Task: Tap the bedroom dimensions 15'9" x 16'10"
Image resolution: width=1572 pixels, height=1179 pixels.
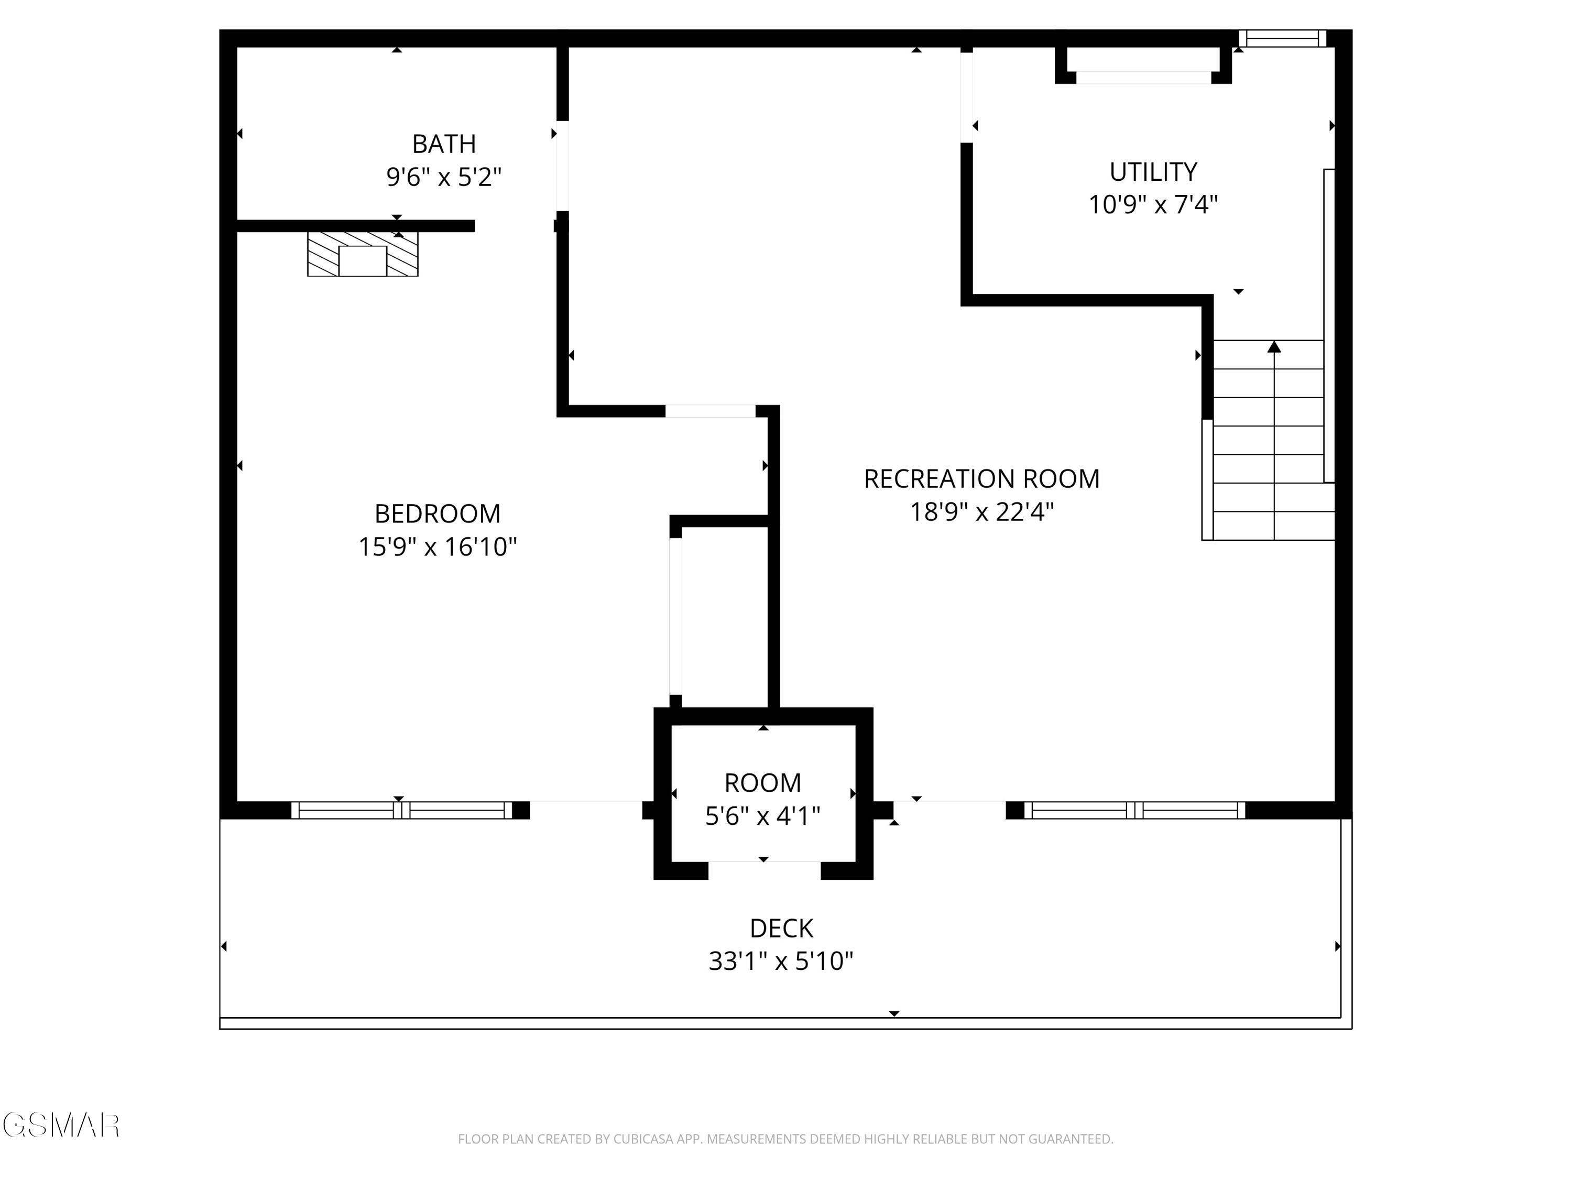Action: click(437, 547)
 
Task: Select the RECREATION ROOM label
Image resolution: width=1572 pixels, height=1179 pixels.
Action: click(981, 479)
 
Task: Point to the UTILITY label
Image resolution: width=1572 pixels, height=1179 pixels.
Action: click(1153, 172)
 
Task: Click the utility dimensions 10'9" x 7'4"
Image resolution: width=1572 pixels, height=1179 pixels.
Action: click(1153, 205)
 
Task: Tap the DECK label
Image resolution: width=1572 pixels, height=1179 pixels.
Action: click(781, 928)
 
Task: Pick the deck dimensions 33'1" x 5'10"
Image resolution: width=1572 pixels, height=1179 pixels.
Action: click(781, 961)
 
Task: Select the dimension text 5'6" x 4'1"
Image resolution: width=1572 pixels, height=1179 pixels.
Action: click(762, 816)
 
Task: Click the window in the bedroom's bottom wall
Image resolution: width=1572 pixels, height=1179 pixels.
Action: click(401, 810)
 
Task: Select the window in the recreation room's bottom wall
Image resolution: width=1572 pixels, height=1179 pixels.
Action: click(1134, 810)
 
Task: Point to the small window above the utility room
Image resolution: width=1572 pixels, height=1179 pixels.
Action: click(1282, 38)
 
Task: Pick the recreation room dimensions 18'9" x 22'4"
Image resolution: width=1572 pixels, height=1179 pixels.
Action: click(981, 511)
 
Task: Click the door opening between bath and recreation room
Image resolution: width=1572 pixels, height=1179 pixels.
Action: click(562, 166)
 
